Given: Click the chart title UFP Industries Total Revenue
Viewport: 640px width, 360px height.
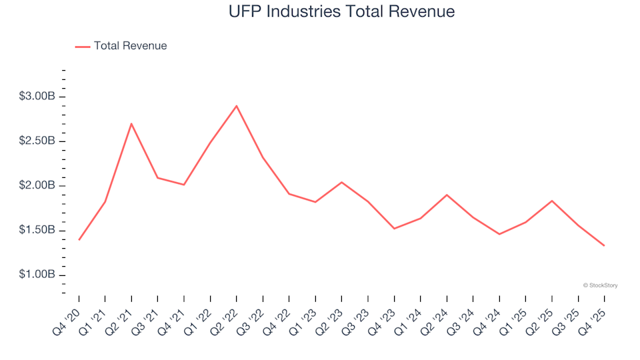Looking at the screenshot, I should click(x=341, y=11).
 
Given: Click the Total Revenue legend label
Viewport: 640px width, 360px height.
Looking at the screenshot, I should click(x=130, y=46).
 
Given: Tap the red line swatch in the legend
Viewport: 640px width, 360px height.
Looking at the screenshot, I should click(x=82, y=47).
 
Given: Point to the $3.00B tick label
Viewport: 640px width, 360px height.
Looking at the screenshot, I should click(x=37, y=97).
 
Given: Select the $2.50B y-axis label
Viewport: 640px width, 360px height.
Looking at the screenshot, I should click(x=37, y=141).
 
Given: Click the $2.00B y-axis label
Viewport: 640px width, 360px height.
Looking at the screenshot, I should click(x=37, y=186).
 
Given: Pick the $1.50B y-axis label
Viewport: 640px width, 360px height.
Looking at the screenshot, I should click(x=37, y=231).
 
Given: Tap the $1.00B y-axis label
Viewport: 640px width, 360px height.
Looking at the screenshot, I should click(x=37, y=275).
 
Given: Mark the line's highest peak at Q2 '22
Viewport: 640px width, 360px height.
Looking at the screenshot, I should click(x=237, y=105).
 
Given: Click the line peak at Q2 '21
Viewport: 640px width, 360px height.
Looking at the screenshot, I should click(x=131, y=123).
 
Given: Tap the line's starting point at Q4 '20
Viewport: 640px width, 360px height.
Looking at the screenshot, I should click(x=79, y=239).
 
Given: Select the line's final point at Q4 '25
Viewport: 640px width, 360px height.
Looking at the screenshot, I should click(x=604, y=245).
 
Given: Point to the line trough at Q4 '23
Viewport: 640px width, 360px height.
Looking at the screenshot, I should click(x=394, y=229).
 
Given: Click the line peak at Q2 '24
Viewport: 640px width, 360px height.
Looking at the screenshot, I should click(x=447, y=195).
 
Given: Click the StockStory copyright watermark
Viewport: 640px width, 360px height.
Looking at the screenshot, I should click(x=600, y=285).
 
